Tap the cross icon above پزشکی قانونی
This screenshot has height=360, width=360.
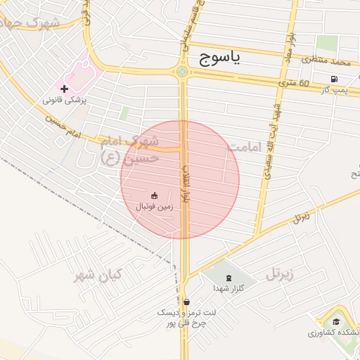(65, 89)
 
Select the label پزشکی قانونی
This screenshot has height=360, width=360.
(64, 101)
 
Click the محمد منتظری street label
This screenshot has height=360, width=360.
(326, 62)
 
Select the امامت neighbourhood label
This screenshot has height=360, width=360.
(244, 148)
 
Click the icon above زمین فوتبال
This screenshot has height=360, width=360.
(153, 195)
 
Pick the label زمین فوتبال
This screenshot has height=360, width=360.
(153, 207)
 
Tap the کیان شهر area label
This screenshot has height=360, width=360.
(98, 274)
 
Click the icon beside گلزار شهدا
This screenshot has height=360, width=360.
(228, 277)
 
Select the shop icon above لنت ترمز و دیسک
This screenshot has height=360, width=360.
(184, 302)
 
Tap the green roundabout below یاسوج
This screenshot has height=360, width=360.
(183, 71)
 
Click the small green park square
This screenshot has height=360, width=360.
(124, 112)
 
